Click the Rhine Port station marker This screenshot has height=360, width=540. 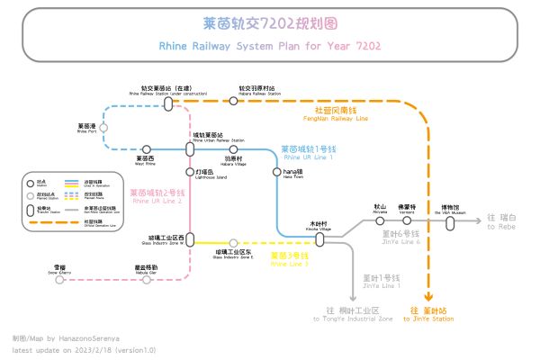pyautogui.click(x=103, y=128)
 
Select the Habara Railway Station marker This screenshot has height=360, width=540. pyautogui.click(x=233, y=102)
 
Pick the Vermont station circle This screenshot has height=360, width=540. pyautogui.click(x=407, y=220)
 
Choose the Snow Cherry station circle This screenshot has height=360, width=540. pyautogui.click(x=59, y=279)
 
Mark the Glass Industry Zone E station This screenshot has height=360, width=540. pyautogui.click(x=233, y=243)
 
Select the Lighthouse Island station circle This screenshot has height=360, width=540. pyautogui.click(x=189, y=170)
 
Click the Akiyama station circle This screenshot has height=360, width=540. pyautogui.click(x=379, y=220)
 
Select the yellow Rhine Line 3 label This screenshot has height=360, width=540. pyautogui.click(x=290, y=258)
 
